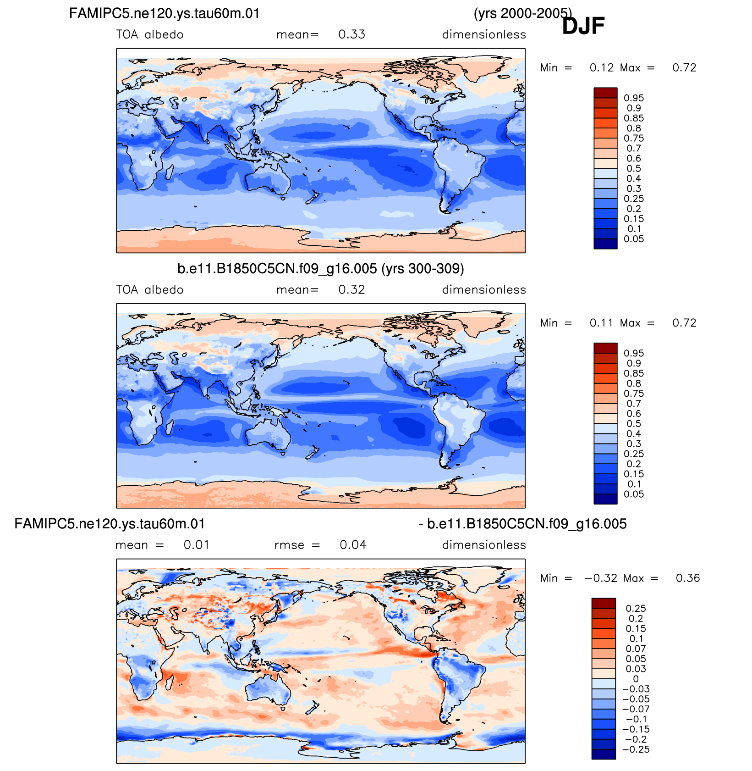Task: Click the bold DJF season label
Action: click(x=583, y=26)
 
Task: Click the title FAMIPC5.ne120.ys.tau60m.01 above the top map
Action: click(x=165, y=13)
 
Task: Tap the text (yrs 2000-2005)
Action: click(x=522, y=13)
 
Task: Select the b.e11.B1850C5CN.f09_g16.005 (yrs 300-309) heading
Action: click(x=321, y=268)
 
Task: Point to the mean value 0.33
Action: click(x=351, y=34)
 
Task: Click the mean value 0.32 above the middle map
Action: click(x=351, y=290)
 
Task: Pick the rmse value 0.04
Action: click(x=353, y=545)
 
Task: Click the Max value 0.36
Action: click(x=688, y=578)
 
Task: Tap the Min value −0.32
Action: click(x=601, y=578)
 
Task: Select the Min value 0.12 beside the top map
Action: click(x=602, y=68)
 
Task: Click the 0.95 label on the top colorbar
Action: click(x=634, y=98)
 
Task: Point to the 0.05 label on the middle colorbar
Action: click(x=634, y=494)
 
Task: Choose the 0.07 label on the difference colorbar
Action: click(x=636, y=649)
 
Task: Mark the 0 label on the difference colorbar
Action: click(x=636, y=679)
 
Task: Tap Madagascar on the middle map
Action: click(x=169, y=428)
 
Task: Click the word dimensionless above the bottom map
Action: click(x=484, y=545)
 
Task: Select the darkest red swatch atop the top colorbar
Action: click(x=605, y=93)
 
